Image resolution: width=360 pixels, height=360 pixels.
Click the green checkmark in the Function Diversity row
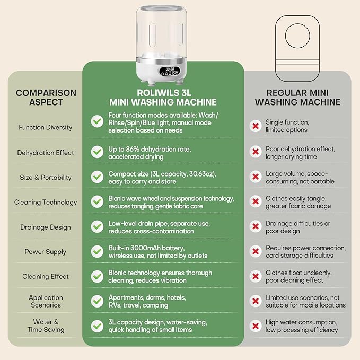pos(97,121)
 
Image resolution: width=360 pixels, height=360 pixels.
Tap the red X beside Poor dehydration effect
pos(256,152)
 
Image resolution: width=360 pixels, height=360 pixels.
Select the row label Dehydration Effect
pos(46,153)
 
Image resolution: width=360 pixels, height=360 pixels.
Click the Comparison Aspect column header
pos(46,98)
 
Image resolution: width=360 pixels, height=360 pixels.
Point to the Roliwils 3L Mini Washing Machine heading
pos(163,98)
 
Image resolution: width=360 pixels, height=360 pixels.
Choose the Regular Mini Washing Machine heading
pos(297,98)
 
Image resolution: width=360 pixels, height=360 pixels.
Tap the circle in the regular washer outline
pos(297,36)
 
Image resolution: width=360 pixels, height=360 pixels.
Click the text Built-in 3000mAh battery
pos(146,248)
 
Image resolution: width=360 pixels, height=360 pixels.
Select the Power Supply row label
pos(46,252)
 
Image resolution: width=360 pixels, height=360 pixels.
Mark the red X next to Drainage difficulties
pos(256,226)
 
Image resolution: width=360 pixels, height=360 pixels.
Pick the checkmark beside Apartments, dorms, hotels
pos(97,301)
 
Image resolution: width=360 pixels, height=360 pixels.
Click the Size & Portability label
pos(46,178)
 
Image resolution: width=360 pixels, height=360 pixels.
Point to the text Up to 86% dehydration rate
pos(150,149)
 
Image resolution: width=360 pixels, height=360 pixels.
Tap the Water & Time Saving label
pos(46,326)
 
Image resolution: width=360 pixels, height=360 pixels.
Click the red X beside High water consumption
pos(256,326)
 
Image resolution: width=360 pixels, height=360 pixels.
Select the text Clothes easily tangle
pos(296,198)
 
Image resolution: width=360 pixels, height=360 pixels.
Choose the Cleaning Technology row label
pos(46,203)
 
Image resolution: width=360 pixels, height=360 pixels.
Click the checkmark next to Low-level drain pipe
pos(97,226)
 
